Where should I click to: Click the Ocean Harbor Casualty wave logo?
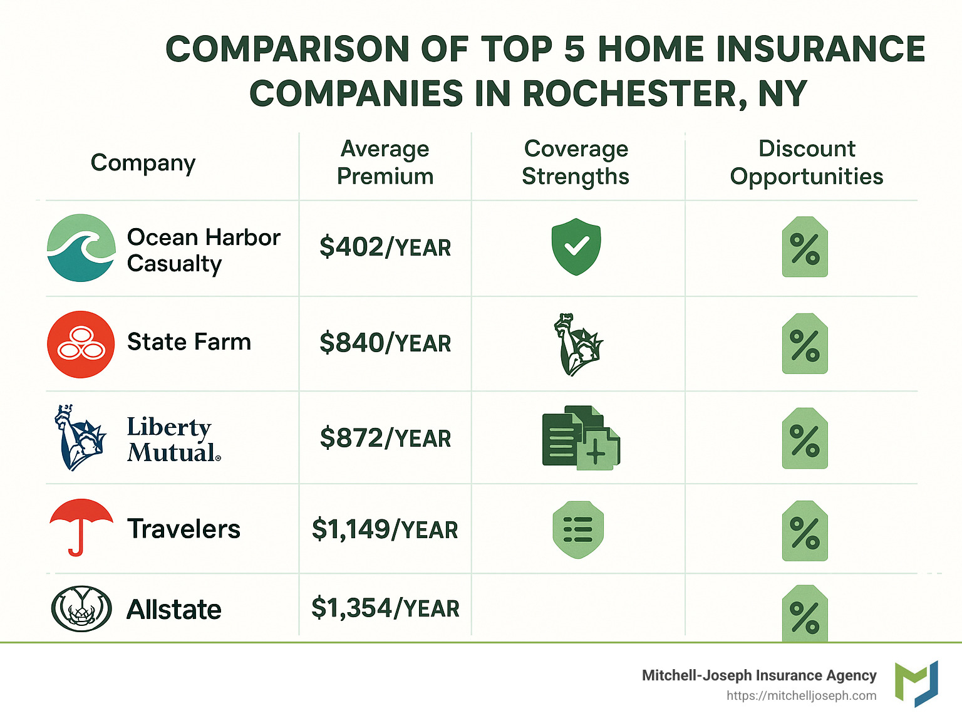click(81, 247)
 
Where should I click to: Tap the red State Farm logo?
click(81, 344)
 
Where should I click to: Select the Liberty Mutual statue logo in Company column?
click(80, 437)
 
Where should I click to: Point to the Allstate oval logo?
click(81, 608)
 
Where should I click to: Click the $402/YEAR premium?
click(385, 247)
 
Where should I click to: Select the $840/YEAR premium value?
click(385, 343)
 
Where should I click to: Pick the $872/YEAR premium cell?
click(385, 438)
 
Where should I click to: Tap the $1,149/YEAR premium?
click(385, 529)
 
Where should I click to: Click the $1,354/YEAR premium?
click(385, 608)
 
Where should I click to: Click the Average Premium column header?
click(385, 163)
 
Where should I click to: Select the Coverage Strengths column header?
click(576, 163)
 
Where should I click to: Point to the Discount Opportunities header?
click(807, 163)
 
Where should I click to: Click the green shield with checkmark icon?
click(576, 246)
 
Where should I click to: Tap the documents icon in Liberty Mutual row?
click(581, 437)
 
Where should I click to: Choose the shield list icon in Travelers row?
click(578, 529)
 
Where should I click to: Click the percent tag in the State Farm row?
click(805, 343)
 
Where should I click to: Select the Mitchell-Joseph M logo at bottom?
click(916, 684)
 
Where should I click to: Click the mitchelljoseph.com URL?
click(802, 696)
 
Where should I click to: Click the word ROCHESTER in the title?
click(635, 93)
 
